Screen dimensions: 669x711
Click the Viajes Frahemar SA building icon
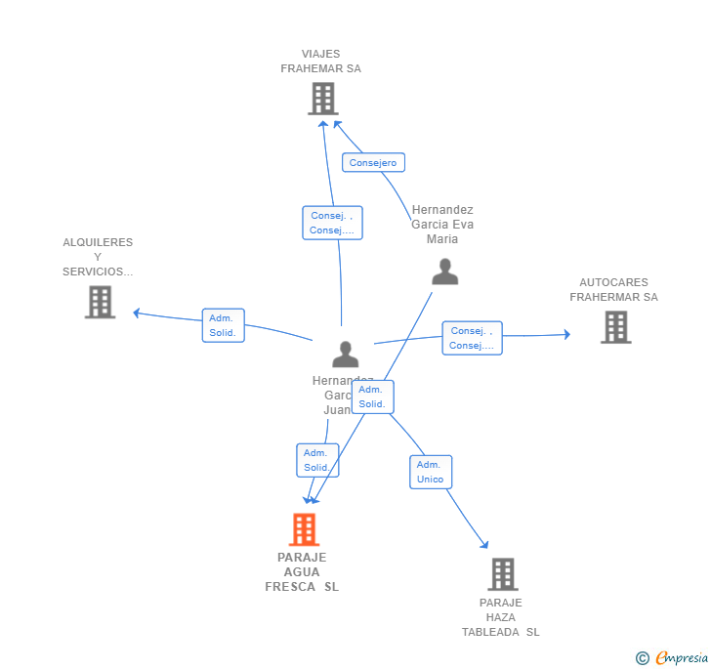point(323,99)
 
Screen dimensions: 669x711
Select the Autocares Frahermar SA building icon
point(615,327)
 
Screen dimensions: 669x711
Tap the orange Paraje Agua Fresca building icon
point(305,529)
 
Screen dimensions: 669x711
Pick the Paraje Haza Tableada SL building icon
point(503,574)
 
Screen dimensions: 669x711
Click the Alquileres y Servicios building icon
point(100,302)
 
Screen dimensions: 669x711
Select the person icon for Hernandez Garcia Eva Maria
point(445,272)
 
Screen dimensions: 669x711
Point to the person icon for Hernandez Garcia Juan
point(346,354)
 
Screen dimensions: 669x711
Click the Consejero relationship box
point(373,163)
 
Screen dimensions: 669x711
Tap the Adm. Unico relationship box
point(430,472)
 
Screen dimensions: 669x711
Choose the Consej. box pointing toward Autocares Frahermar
point(472,338)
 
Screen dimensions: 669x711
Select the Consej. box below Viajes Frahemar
point(332,223)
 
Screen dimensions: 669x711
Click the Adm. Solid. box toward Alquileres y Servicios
point(223,325)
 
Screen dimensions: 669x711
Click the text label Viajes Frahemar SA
point(321,62)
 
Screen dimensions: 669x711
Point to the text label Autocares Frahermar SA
point(613,290)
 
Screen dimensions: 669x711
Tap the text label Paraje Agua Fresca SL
point(302,572)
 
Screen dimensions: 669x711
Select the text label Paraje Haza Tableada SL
point(501,617)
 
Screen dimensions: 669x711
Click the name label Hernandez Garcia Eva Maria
point(442,225)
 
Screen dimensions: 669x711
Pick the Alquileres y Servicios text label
point(98,257)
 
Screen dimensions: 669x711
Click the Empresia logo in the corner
point(673,658)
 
